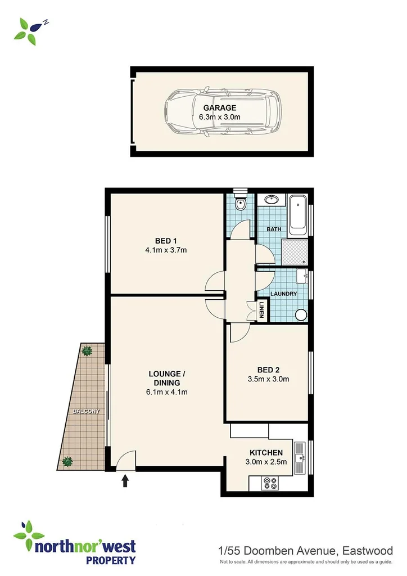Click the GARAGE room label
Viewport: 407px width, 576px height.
point(220,108)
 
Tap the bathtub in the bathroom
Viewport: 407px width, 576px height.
point(297,215)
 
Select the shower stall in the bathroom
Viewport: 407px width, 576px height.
point(295,251)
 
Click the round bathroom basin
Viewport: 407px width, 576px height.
point(272,200)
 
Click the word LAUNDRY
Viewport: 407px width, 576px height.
point(283,294)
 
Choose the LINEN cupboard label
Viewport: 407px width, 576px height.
point(261,310)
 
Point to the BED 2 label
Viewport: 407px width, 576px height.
point(268,370)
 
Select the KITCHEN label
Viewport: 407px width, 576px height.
point(266,453)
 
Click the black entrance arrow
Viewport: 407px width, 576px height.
point(125,480)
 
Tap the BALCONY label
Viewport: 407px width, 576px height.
point(85,412)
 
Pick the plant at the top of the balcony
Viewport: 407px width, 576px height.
point(86,351)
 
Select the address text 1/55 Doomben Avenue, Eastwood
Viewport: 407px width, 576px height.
point(305,550)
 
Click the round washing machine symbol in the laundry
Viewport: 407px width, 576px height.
point(301,315)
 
